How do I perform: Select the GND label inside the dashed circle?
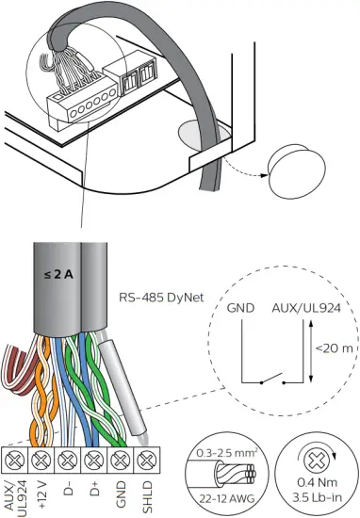pos(241,308)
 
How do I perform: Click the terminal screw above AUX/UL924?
pos(15,461)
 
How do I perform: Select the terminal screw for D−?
pos(67,461)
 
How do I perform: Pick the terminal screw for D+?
pos(92,461)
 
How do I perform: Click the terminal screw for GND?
pos(118,461)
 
